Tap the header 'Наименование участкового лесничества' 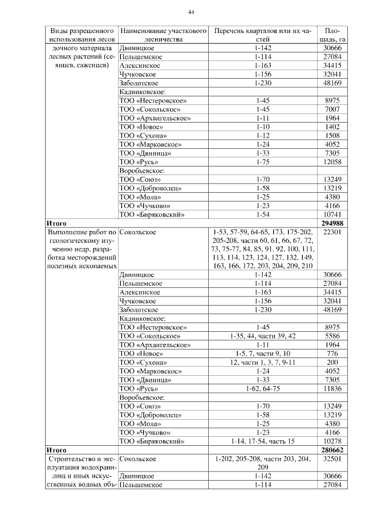[163, 34]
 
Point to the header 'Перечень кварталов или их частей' [263, 34]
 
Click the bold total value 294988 [332, 224]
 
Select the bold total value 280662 [332, 450]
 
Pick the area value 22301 [332, 233]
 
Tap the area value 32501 [332, 458]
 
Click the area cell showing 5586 [332, 336]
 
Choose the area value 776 [332, 354]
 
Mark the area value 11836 [332, 389]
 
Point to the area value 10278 [332, 441]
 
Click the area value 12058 [332, 162]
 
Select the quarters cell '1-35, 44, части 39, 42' [263, 336]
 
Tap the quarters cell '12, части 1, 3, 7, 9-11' [263, 363]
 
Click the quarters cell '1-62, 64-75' [263, 389]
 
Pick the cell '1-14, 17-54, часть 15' [263, 441]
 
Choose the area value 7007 [332, 109]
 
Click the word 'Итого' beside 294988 [57, 224]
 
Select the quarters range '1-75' [263, 162]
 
